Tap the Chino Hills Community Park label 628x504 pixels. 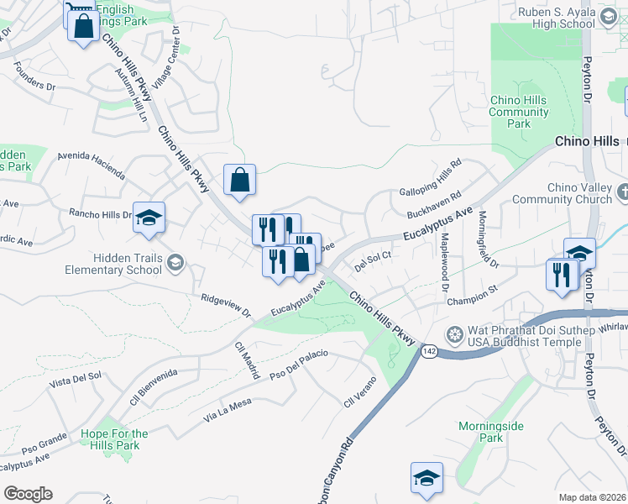(519, 112)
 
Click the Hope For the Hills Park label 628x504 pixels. (114, 438)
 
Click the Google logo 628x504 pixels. (28, 494)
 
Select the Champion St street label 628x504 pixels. (473, 299)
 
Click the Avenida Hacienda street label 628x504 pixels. (91, 166)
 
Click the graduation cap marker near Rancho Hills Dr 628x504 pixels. (149, 218)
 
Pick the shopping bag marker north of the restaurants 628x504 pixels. (239, 179)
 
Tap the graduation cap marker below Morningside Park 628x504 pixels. (427, 477)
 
